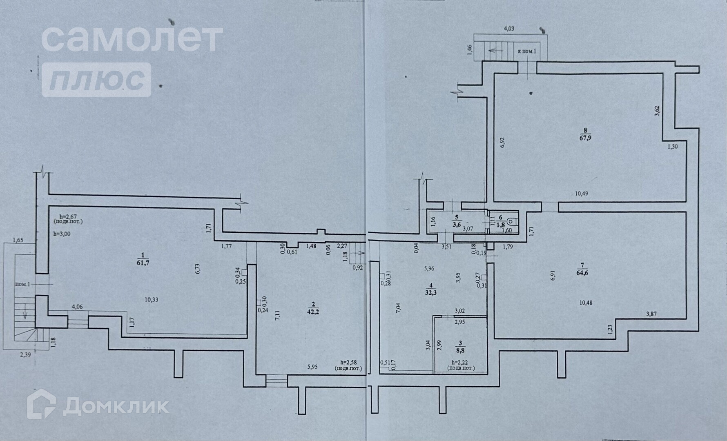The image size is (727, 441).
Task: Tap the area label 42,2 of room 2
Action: click(313, 312)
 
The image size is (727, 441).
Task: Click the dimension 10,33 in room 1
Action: click(151, 299)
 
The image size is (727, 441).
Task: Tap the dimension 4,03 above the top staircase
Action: click(509, 29)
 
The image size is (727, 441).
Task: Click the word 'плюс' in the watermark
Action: click(97, 80)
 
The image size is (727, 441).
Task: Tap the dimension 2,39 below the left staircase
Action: click(26, 354)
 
